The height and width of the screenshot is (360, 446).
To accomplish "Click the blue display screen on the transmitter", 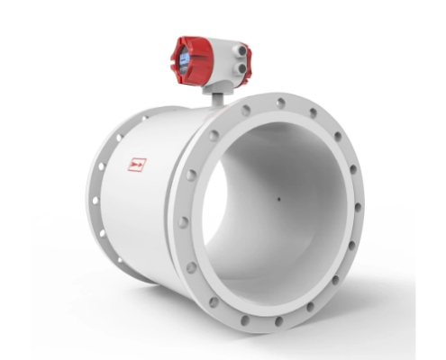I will pyautogui.click(x=183, y=58).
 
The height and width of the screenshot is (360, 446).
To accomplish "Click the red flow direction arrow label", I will pyautogui.click(x=137, y=165).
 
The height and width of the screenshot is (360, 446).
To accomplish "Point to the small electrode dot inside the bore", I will pyautogui.click(x=278, y=200).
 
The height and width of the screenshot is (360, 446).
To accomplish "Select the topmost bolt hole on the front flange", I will pyautogui.click(x=280, y=103).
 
